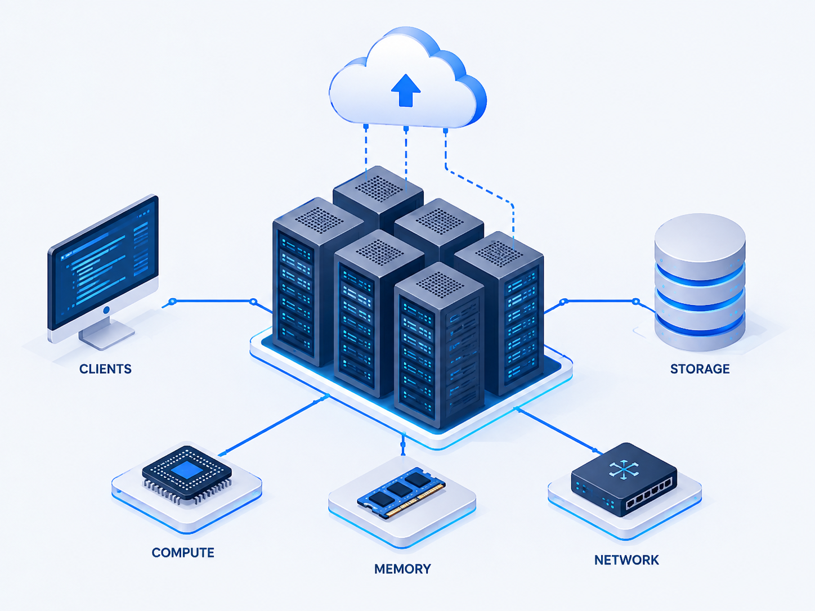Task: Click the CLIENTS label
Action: click(105, 369)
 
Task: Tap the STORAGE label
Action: click(700, 369)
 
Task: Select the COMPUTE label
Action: click(183, 552)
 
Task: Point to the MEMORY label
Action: click(402, 569)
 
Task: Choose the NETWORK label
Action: click(627, 560)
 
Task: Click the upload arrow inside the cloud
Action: click(406, 90)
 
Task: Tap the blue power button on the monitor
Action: click(106, 310)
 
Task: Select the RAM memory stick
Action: click(401, 493)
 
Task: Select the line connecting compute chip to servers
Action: click(274, 425)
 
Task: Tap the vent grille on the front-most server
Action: click(440, 285)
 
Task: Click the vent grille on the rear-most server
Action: click(379, 188)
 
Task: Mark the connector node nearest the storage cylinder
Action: click(635, 301)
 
